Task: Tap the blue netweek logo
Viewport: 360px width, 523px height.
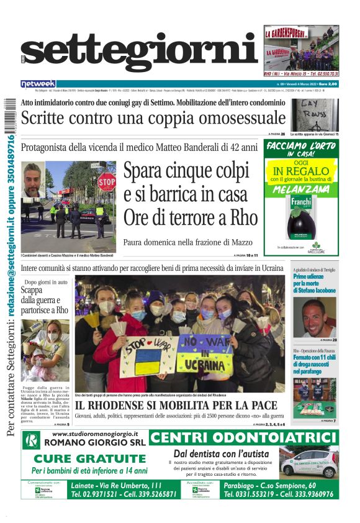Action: (x=38, y=84)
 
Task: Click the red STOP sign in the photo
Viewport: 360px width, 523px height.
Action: (x=106, y=182)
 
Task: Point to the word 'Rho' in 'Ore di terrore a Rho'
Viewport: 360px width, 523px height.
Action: (x=243, y=218)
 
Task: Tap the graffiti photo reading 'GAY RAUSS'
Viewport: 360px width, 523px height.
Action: (x=315, y=114)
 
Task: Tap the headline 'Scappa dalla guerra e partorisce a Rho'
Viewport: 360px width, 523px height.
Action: (x=45, y=299)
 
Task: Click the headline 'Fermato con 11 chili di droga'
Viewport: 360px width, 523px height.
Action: (x=315, y=366)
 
